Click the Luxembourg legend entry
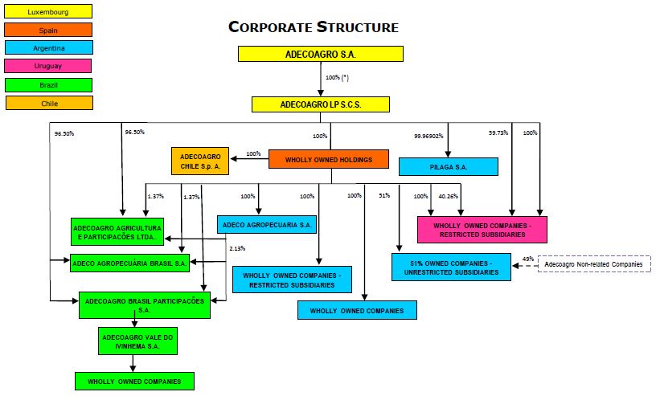tap(48, 11)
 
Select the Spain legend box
tap(48, 30)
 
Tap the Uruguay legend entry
tap(48, 66)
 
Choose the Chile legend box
tap(48, 103)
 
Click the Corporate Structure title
tap(314, 27)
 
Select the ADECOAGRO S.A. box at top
tap(320, 54)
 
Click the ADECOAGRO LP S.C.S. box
tap(320, 104)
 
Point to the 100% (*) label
tap(338, 78)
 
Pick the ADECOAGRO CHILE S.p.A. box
tap(200, 161)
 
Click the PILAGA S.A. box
tap(449, 166)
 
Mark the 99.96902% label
tap(428, 136)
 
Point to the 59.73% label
tap(498, 133)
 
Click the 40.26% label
tap(448, 196)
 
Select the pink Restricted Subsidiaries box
tap(482, 229)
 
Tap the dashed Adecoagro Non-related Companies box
tap(593, 264)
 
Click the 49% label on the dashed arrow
tap(527, 259)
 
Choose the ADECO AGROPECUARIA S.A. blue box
tap(266, 226)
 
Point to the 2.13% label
tap(237, 248)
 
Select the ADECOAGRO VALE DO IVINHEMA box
tap(137, 341)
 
